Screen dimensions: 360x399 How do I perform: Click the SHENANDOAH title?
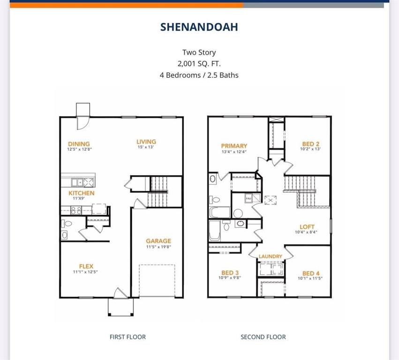coord(199,27)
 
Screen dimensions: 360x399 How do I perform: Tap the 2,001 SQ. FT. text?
coord(199,64)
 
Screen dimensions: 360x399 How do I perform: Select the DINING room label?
coord(79,144)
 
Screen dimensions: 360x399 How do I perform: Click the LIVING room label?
coord(146,142)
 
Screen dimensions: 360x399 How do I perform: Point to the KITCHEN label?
coord(82,193)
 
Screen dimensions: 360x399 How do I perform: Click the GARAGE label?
coord(158,241)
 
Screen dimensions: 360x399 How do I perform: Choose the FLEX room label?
coord(86,266)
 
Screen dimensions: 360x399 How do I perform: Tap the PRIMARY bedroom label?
coord(234,146)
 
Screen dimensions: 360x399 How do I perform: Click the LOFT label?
coord(307,226)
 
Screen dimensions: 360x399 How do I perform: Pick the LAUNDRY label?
coord(271,256)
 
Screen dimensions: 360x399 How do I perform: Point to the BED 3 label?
coord(230,273)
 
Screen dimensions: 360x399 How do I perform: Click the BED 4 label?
coord(311,273)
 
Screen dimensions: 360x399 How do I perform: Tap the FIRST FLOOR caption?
coord(128,337)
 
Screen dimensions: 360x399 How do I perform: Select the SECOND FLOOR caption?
coord(263,337)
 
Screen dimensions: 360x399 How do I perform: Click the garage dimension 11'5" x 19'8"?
coord(158,247)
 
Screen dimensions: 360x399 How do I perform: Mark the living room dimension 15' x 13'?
coord(146,147)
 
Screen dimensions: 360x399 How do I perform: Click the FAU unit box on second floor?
coord(248,199)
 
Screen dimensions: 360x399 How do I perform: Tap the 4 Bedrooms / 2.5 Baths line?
coord(199,75)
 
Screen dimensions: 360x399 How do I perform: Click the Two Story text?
coord(199,52)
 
